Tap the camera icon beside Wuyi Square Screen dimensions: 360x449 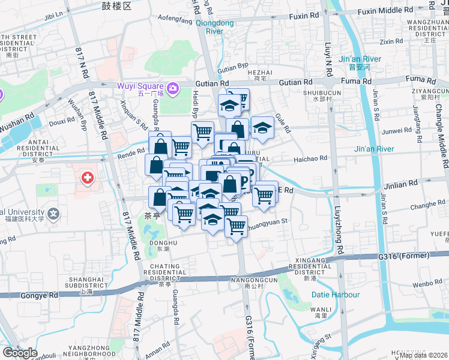pyautogui.click(x=173, y=89)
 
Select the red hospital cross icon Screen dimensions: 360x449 pyautogui.click(x=88, y=178)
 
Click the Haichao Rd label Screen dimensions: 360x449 pyautogui.click(x=310, y=158)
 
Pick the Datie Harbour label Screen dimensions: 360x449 pyautogui.click(x=336, y=295)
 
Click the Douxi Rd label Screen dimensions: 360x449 pyautogui.click(x=61, y=122)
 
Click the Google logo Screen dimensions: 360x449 pyautogui.click(x=20, y=353)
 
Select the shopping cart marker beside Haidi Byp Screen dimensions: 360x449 pyautogui.click(x=203, y=131)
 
